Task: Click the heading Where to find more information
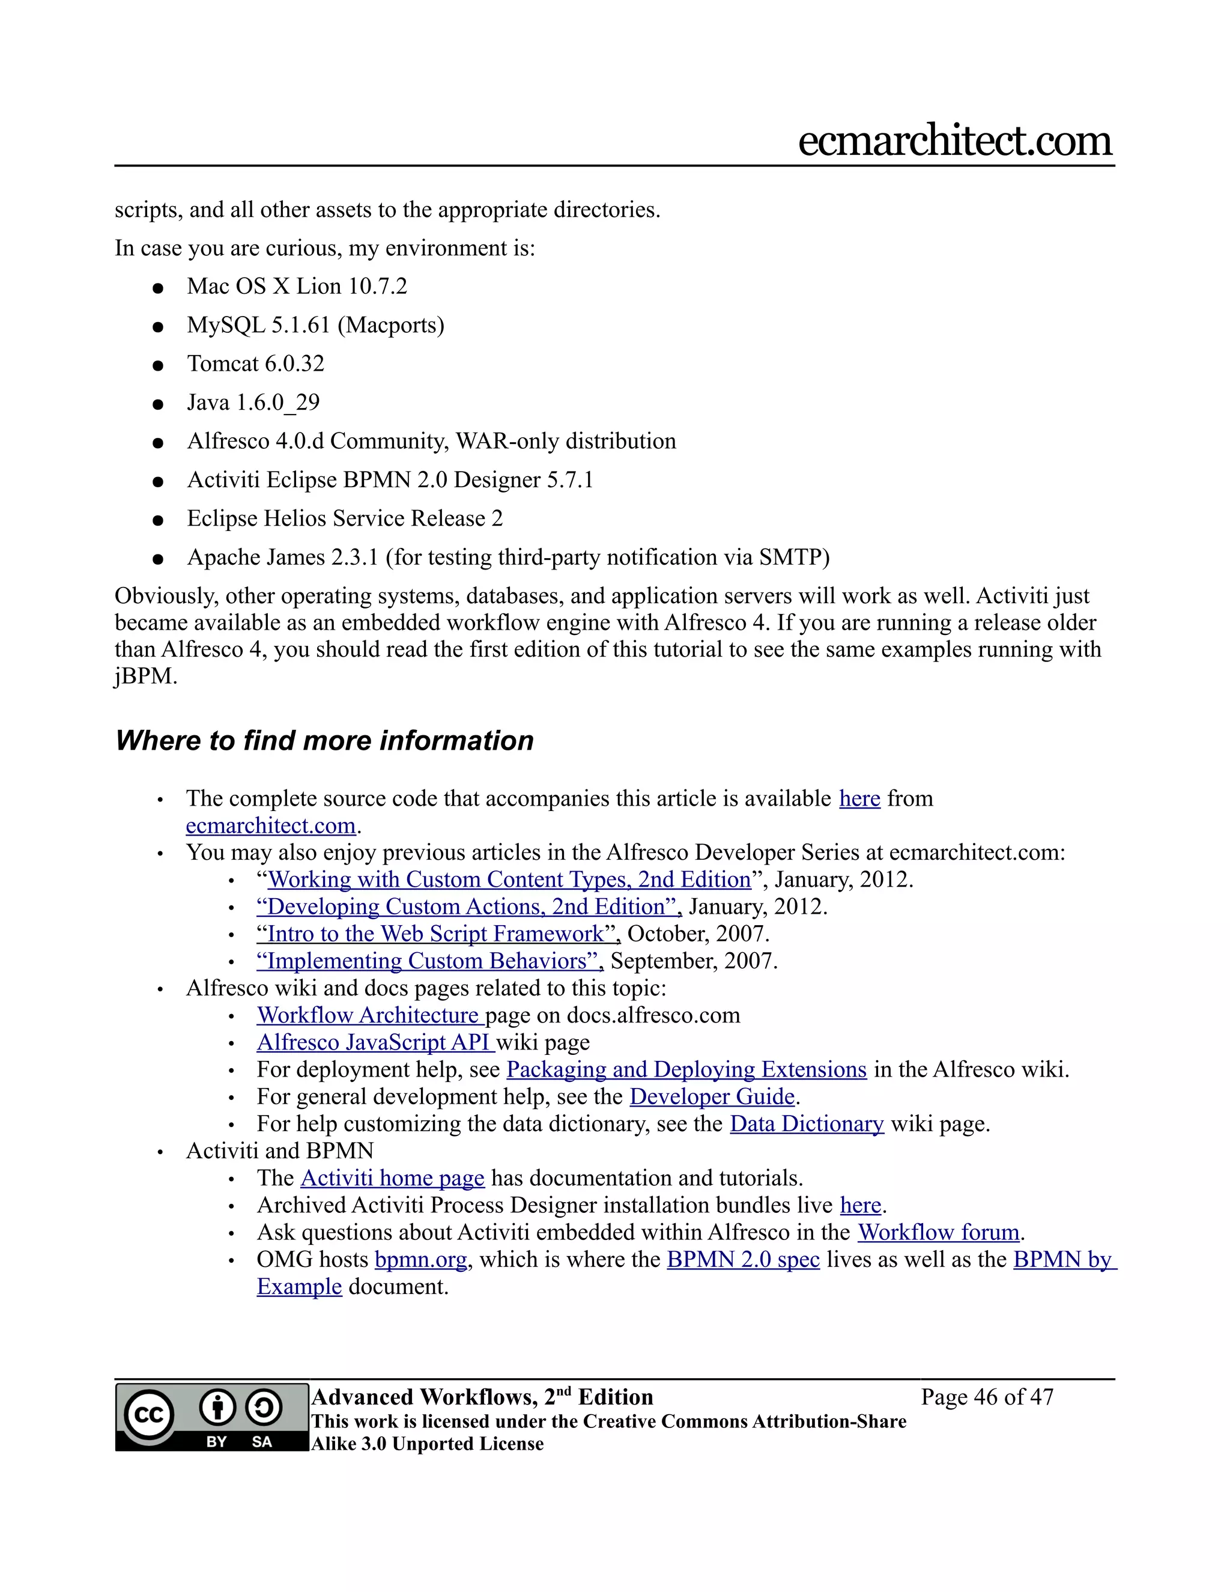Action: click(324, 741)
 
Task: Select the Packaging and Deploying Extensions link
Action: click(686, 1069)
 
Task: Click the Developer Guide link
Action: click(712, 1096)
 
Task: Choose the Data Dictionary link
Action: click(807, 1124)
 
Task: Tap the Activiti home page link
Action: click(392, 1178)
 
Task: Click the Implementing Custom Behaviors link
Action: click(430, 961)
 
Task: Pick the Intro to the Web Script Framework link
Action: click(438, 934)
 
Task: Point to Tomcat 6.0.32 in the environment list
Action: click(255, 363)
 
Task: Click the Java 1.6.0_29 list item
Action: click(253, 402)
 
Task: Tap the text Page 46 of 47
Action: click(987, 1397)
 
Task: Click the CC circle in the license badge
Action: click(150, 1415)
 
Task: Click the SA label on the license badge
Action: click(262, 1442)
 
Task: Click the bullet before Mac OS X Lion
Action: click(157, 288)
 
